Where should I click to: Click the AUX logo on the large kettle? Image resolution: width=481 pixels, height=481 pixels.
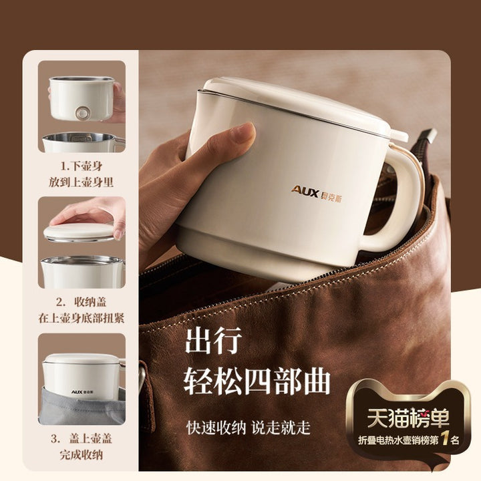316,193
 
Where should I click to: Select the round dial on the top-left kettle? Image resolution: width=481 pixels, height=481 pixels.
82,114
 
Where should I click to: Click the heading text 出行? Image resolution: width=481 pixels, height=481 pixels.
214,341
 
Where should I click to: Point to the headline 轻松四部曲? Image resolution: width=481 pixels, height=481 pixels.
257,381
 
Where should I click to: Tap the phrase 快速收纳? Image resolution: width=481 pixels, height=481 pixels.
216,428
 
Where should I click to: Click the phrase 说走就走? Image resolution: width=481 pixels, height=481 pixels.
281,428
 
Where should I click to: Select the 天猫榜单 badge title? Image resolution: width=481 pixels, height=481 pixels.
408,418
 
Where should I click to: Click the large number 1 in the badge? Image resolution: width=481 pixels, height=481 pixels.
446,440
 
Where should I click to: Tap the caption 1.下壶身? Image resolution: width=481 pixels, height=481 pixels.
82,166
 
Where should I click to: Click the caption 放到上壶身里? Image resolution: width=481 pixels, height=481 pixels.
82,182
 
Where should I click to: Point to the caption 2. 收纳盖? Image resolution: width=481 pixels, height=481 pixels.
82,302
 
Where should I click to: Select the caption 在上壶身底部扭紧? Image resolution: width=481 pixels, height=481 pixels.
82,318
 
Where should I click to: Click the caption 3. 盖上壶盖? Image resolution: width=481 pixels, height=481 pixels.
82,439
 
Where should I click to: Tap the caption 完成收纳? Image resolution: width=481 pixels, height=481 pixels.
82,455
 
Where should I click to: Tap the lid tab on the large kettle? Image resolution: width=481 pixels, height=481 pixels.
399,135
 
